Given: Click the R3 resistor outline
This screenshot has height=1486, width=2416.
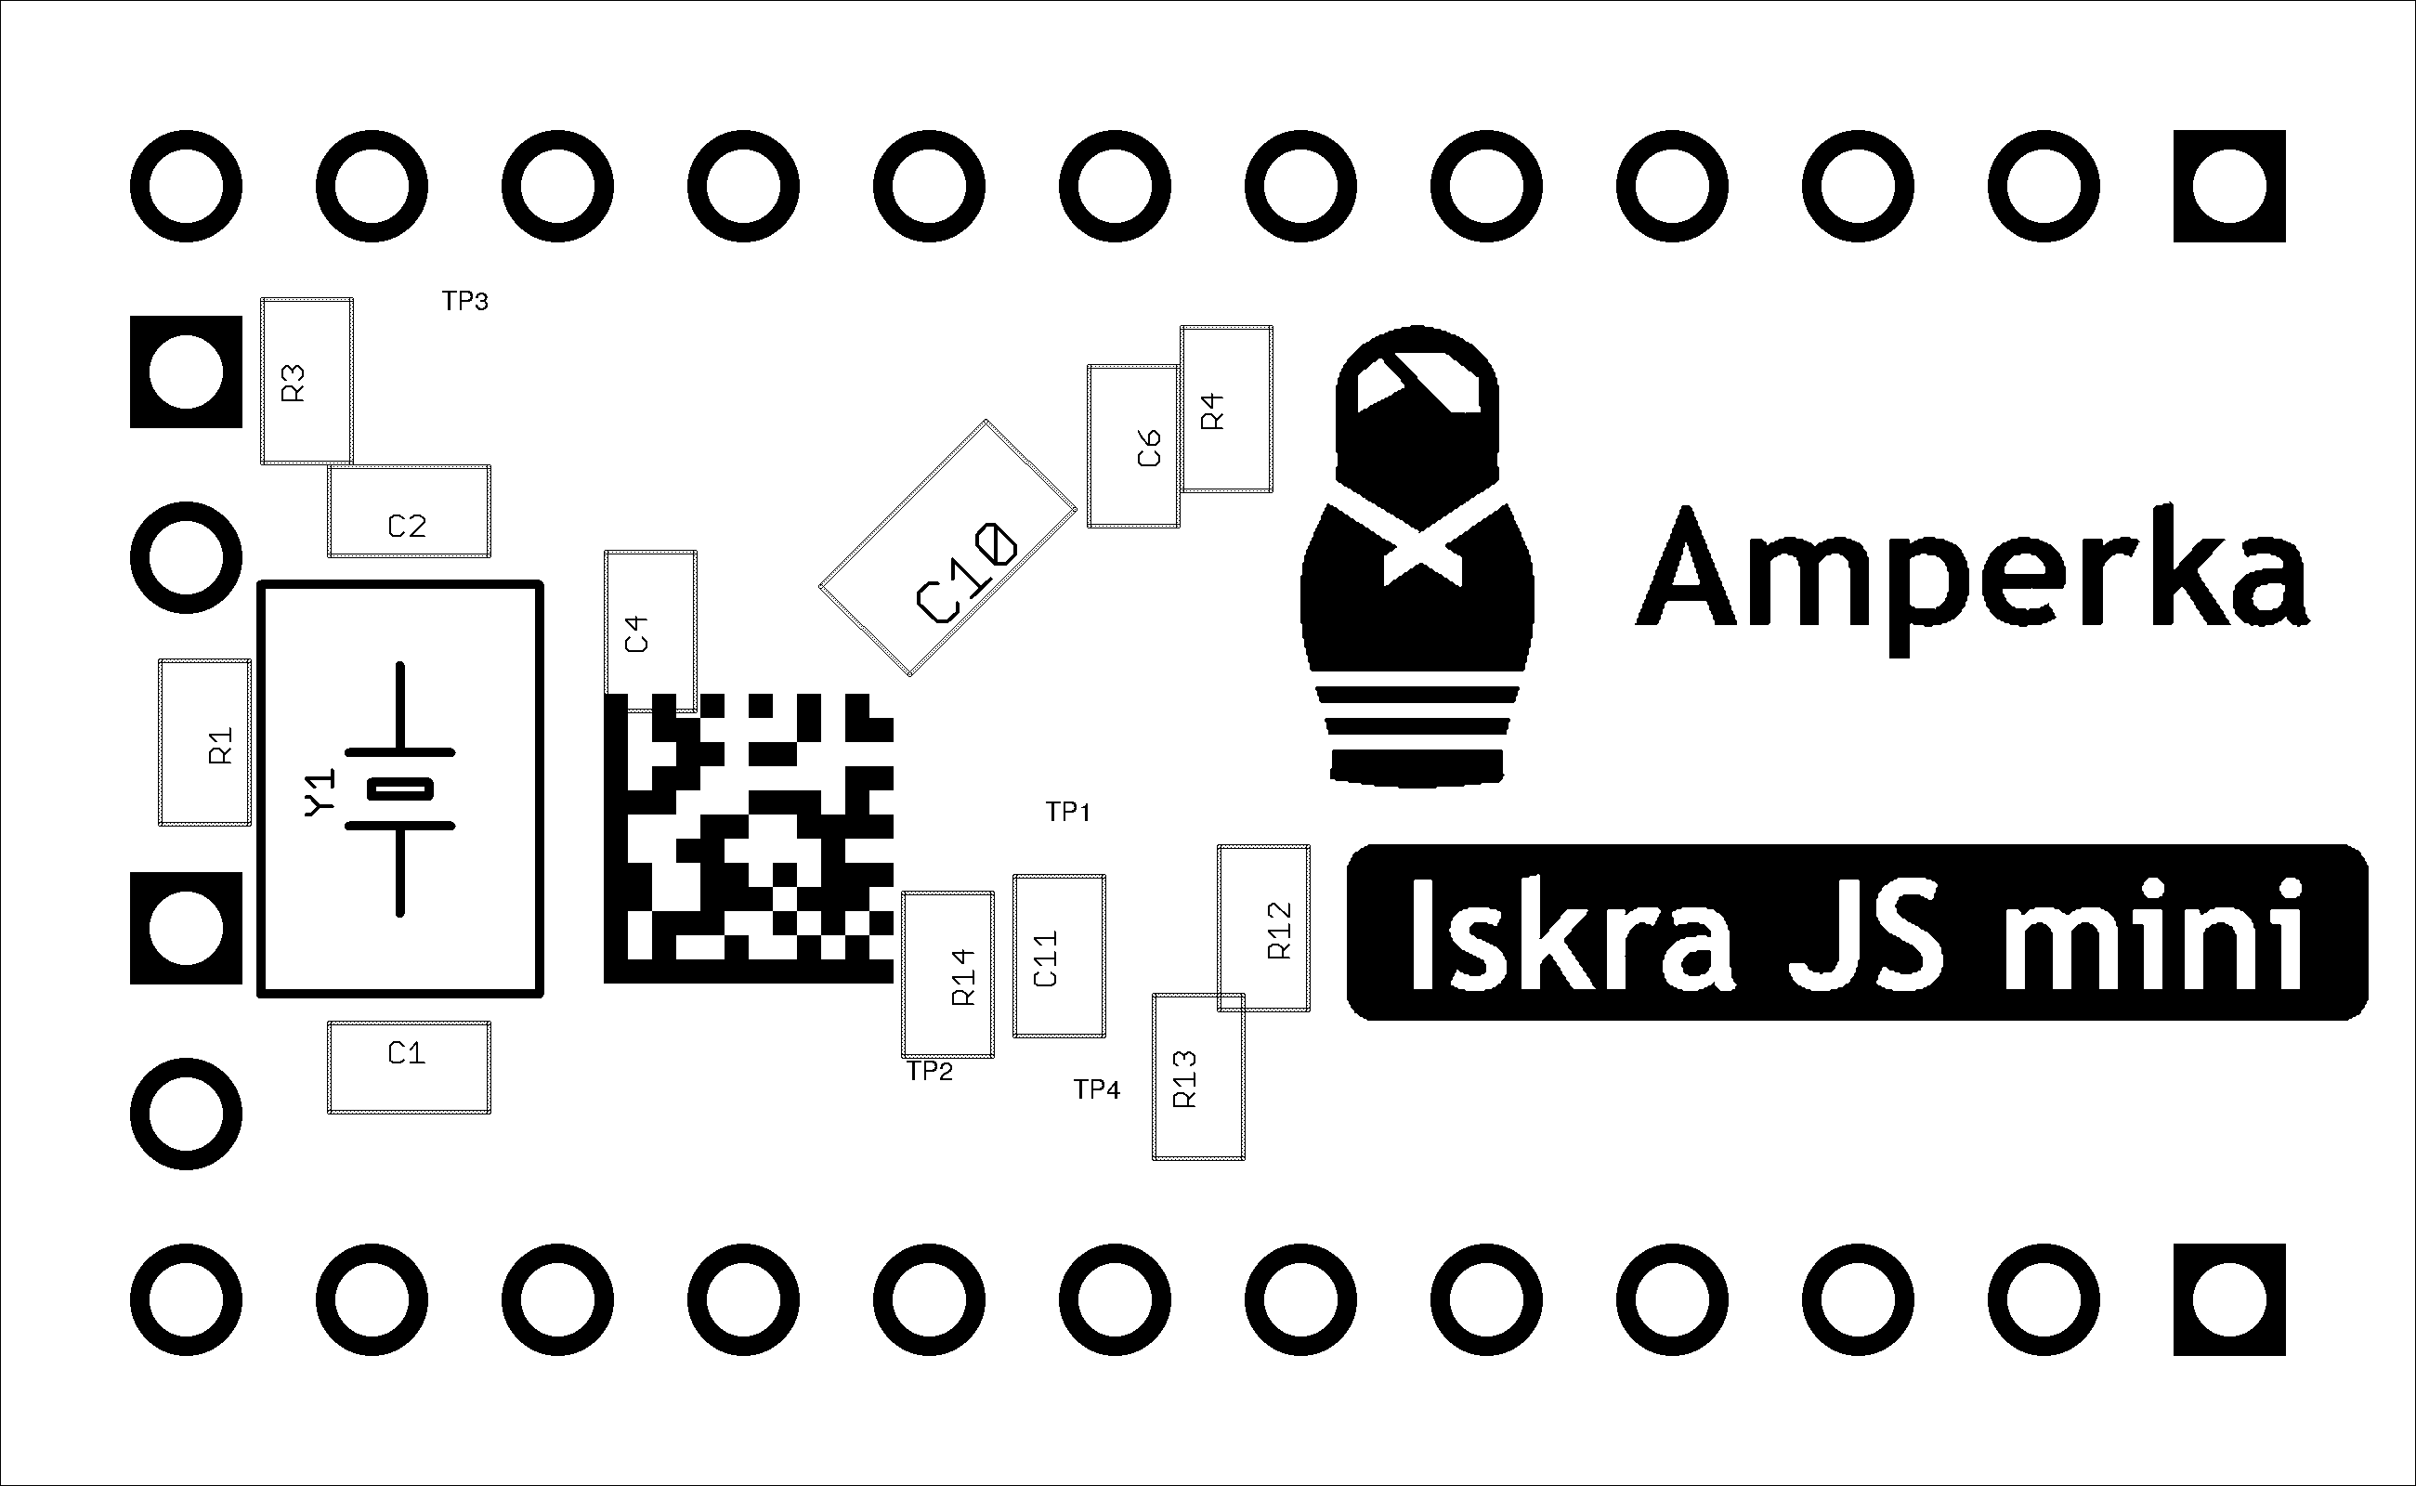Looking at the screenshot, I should tap(306, 382).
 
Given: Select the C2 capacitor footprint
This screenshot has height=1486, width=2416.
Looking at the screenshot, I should tap(409, 511).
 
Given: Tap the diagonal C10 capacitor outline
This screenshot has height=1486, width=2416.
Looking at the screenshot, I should tap(947, 548).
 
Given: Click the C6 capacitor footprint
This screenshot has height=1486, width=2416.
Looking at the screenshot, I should tap(1132, 446).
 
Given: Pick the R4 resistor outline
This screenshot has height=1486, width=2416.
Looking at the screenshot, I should tap(1226, 409).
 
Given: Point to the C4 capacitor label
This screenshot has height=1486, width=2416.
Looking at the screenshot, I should tap(637, 634).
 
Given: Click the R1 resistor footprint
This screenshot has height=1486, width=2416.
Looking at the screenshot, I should tap(204, 742).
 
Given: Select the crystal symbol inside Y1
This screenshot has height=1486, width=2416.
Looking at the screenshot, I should tap(400, 789).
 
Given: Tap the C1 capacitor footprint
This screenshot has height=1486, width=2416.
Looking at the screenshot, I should tap(409, 1067).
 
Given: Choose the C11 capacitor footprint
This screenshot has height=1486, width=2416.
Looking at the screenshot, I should tap(1059, 957).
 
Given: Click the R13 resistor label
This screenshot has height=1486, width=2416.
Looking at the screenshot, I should tap(1185, 1079).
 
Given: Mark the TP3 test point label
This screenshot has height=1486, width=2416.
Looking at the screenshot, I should tap(465, 301).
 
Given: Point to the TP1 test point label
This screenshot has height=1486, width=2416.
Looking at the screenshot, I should tap(1067, 812).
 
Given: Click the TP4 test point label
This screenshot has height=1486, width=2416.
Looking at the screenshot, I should tap(1096, 1088).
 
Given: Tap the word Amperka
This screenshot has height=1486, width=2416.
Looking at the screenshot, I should tap(1971, 575).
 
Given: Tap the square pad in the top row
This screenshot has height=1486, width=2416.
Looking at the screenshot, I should tap(2229, 186).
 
